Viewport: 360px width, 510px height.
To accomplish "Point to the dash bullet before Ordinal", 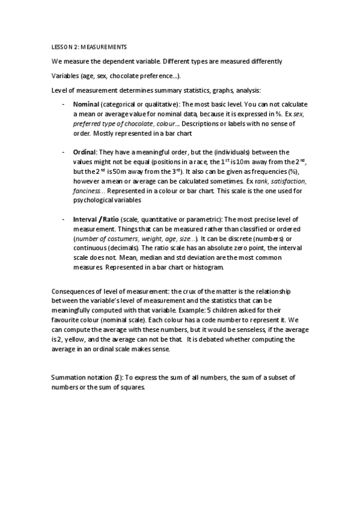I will pyautogui.click(x=64, y=152).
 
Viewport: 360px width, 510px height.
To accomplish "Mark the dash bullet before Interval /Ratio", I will pyautogui.click(x=64, y=220).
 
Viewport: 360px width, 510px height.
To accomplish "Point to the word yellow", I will pyautogui.click(x=75, y=340).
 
